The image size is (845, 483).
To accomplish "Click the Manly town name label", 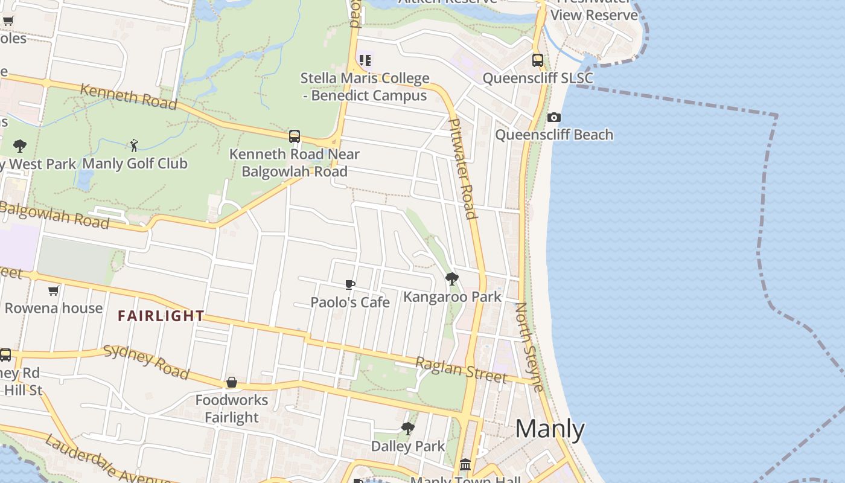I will point(550,429).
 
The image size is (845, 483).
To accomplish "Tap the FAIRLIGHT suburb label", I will point(161,316).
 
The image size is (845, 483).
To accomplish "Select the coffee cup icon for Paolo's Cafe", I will point(349,284).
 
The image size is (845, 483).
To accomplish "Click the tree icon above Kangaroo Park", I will point(451,278).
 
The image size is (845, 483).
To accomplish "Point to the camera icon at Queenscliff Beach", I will point(553,117).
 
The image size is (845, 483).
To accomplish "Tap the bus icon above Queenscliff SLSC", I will point(537,60).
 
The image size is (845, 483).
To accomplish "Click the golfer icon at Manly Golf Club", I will point(134,145).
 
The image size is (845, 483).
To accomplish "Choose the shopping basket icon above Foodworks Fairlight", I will point(231,382).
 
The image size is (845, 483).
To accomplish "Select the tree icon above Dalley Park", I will point(407,429).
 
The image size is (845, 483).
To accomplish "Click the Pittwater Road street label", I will point(464,168).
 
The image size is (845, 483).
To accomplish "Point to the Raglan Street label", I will point(461,369).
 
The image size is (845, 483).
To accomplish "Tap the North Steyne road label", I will point(529,347).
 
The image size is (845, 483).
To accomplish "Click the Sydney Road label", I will point(146,362).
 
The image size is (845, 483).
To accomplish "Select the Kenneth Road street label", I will point(129,97).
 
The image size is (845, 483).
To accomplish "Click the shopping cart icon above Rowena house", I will point(53,290).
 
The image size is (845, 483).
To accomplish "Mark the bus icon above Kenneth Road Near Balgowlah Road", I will point(295,136).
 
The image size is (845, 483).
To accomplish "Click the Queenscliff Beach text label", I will point(554,135).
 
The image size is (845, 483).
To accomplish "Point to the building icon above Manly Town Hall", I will point(465,464).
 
